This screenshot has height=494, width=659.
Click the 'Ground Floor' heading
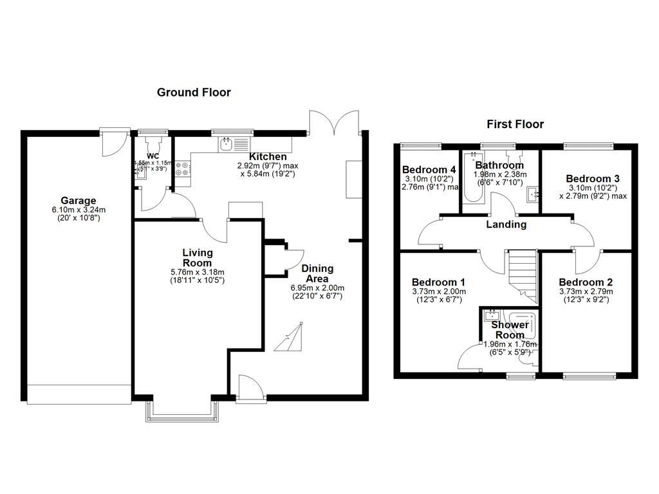(x=194, y=93)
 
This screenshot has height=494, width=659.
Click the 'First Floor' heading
(x=515, y=124)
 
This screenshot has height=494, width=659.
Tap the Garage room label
(x=79, y=201)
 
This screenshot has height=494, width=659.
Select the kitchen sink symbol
(x=227, y=145)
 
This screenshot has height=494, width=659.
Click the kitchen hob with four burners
(x=181, y=168)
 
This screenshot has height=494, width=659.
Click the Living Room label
(x=197, y=257)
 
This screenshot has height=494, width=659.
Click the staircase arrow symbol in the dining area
(x=288, y=339)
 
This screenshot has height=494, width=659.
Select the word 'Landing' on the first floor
(x=506, y=224)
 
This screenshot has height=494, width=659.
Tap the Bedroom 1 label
(x=439, y=282)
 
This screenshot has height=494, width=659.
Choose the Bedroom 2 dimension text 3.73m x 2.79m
(x=586, y=291)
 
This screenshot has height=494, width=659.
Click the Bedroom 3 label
(x=593, y=178)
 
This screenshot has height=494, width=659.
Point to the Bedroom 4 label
(x=430, y=170)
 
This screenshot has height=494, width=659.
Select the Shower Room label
(x=510, y=330)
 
